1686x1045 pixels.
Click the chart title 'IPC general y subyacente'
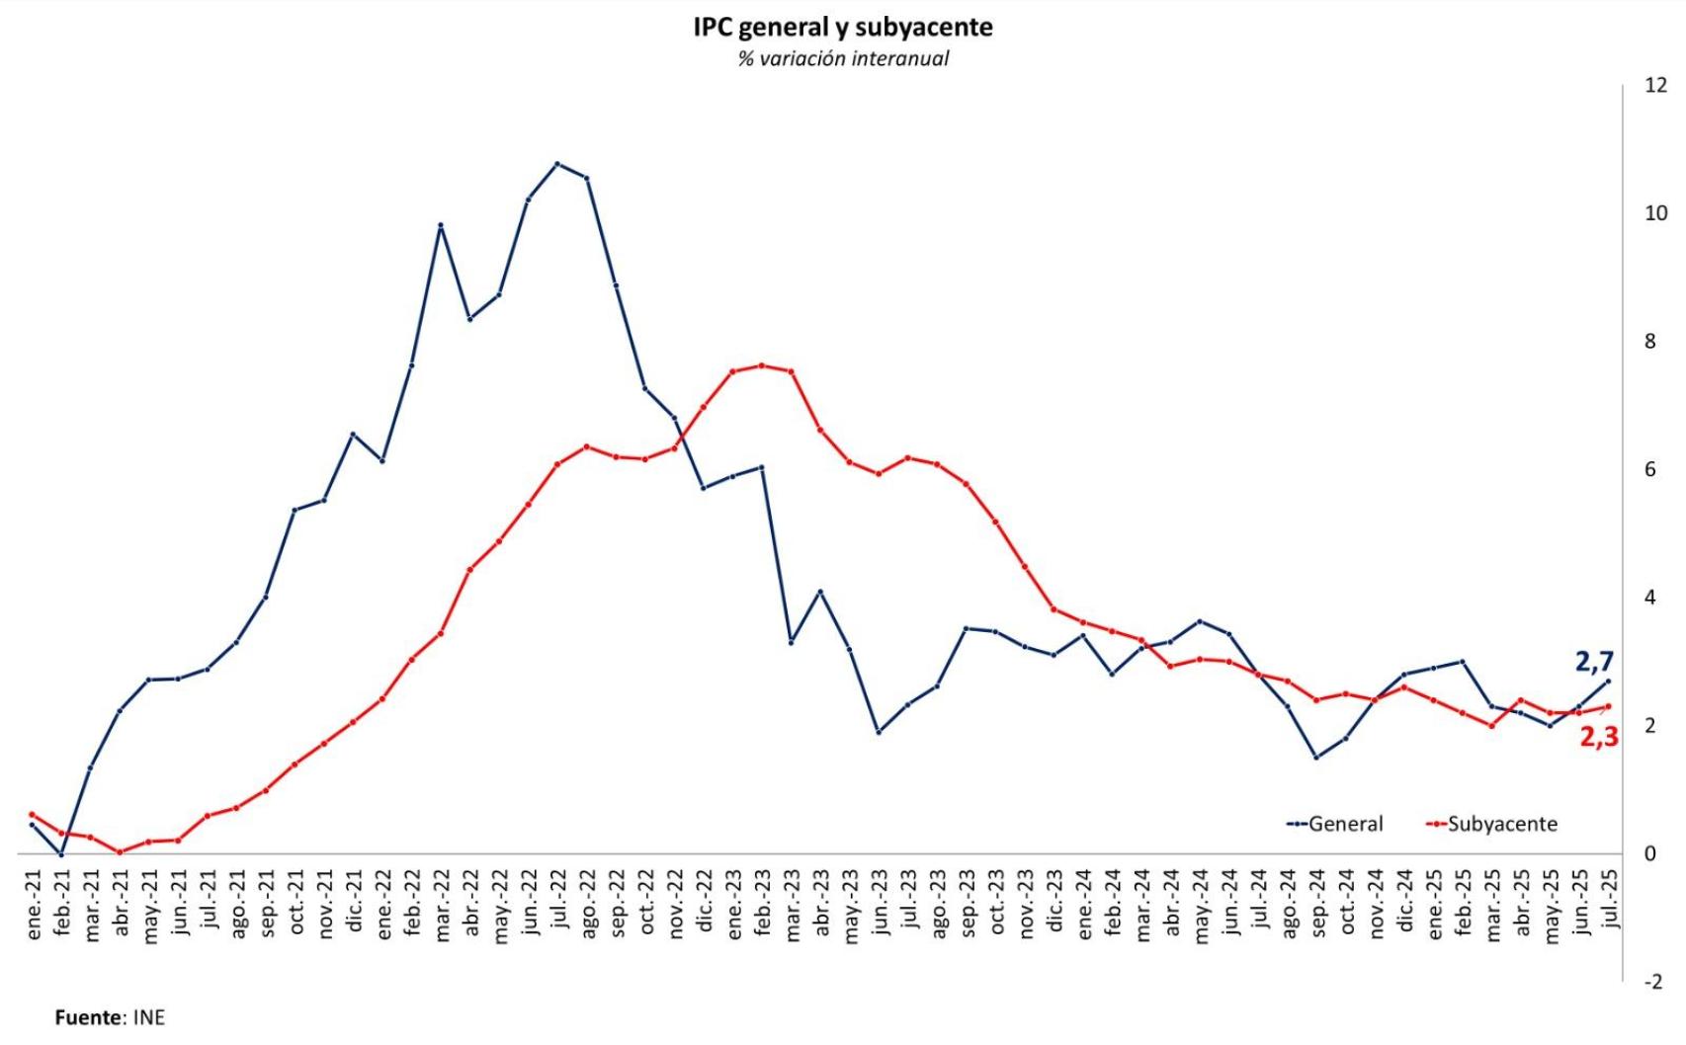point(842,27)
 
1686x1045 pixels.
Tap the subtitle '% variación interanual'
point(842,59)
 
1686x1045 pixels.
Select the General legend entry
point(1335,824)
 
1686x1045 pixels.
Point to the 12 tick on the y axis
point(1654,86)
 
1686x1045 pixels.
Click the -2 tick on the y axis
point(1652,982)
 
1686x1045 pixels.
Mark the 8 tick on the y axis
point(1649,342)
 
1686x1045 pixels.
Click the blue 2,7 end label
point(1594,662)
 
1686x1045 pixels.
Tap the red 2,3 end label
point(1598,736)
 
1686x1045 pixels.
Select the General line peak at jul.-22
point(557,163)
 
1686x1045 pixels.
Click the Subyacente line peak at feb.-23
point(762,365)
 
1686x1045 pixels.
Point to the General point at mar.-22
point(441,225)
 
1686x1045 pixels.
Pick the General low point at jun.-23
point(879,732)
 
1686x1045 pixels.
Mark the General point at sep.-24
point(1316,758)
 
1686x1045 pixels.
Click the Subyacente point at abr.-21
point(120,851)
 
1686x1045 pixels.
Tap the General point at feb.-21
point(61,853)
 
